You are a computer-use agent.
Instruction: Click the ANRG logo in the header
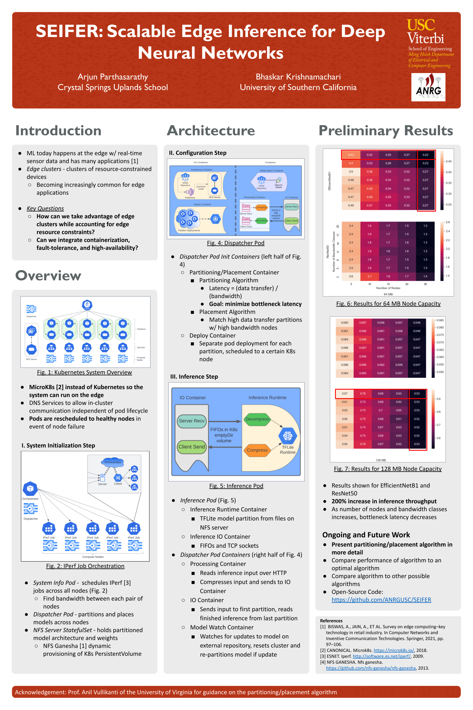428,87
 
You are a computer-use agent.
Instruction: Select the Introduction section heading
58,131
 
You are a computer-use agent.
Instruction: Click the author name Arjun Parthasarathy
112,77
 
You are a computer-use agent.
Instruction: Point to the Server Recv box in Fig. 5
192,421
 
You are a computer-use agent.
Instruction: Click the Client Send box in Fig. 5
192,446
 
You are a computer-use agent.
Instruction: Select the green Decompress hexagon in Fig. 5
257,419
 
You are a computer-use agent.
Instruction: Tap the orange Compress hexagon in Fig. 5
257,450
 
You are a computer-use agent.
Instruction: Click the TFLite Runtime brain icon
288,436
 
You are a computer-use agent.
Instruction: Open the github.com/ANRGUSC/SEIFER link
381,600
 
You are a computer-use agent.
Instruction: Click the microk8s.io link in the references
394,650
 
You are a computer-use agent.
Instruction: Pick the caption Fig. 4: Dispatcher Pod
236,243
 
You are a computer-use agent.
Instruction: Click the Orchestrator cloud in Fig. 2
113,462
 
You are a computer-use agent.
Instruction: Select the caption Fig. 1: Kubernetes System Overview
85,372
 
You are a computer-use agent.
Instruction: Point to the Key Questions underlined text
45,208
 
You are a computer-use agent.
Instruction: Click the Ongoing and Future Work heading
366,535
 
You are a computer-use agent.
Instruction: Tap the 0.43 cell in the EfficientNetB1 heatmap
351,155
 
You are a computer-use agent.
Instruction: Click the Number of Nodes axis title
388,288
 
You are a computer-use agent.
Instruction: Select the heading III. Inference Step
194,377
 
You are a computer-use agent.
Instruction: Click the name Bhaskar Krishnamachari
298,77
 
